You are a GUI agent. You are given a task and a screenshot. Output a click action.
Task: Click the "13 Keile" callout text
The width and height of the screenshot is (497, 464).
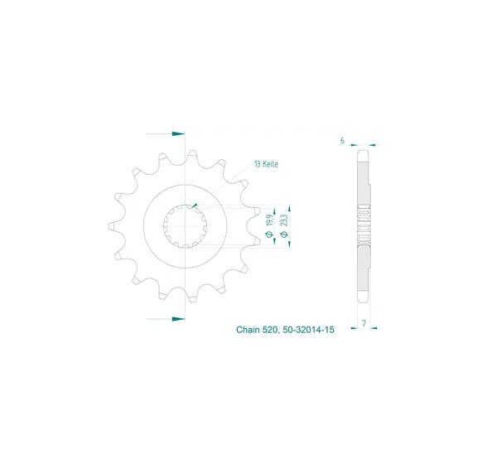(x=266, y=164)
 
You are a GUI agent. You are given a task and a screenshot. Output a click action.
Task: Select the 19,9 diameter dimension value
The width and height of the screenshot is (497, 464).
(x=269, y=220)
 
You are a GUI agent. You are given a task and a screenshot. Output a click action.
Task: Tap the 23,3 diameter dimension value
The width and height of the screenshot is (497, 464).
(x=284, y=220)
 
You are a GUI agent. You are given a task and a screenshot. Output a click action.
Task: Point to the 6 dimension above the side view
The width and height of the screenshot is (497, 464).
(x=342, y=140)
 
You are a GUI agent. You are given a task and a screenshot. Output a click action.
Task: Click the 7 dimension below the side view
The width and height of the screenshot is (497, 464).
(x=364, y=323)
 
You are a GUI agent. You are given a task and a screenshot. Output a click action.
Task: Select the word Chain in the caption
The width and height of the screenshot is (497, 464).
(x=248, y=330)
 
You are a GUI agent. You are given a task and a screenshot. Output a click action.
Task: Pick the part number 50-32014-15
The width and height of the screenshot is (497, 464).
(x=308, y=330)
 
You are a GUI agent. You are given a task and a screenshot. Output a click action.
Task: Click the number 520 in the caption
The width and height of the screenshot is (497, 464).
(x=270, y=330)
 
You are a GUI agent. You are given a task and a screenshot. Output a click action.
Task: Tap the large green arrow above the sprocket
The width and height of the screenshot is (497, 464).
(x=178, y=133)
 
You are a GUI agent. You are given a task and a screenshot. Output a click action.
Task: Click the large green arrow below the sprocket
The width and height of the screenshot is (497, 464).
(x=178, y=319)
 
